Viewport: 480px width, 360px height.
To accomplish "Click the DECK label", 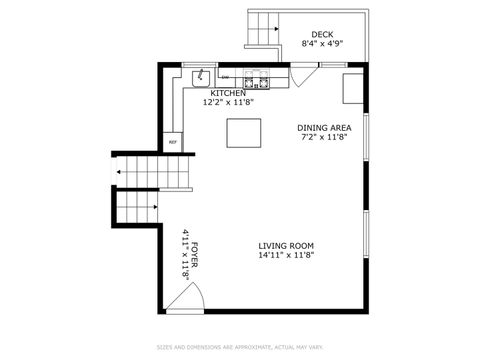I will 322,34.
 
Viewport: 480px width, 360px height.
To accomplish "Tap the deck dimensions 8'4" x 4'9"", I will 322,44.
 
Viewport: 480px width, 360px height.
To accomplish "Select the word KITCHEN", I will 228,93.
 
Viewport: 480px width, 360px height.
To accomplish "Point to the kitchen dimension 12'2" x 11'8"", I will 228,102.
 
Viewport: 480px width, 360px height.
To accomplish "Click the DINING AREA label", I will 324,127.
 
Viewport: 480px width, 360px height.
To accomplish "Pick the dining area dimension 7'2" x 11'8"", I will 324,137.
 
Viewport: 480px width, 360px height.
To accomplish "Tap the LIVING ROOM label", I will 287,245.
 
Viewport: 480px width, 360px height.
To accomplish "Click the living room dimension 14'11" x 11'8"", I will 287,255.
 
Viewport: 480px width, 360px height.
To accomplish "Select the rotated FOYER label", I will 194,254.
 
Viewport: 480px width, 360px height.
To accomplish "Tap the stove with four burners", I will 255,78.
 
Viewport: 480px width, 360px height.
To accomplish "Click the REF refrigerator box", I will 173,142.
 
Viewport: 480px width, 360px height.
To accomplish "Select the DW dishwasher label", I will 225,77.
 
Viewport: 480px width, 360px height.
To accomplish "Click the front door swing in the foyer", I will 187,297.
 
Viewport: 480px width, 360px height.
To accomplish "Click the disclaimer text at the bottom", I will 240,348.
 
